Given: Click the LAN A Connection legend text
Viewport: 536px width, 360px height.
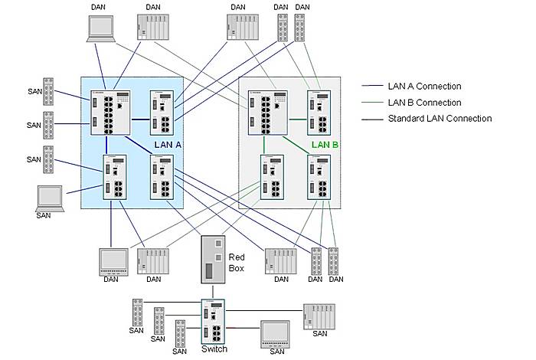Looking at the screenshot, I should (x=424, y=86).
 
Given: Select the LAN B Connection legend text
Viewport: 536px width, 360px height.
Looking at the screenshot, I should (x=424, y=103).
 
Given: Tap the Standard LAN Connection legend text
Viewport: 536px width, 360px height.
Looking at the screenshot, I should (x=440, y=119).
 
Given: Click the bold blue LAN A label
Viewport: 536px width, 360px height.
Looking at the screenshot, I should (x=167, y=145).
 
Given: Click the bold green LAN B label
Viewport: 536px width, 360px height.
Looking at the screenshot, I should (x=325, y=145).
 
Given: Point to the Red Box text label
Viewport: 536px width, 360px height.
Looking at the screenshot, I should (x=237, y=263).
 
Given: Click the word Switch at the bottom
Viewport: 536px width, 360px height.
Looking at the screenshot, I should (x=214, y=349).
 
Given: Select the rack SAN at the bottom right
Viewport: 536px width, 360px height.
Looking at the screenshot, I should (x=319, y=316).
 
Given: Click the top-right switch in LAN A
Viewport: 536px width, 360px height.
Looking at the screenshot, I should (x=162, y=113).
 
